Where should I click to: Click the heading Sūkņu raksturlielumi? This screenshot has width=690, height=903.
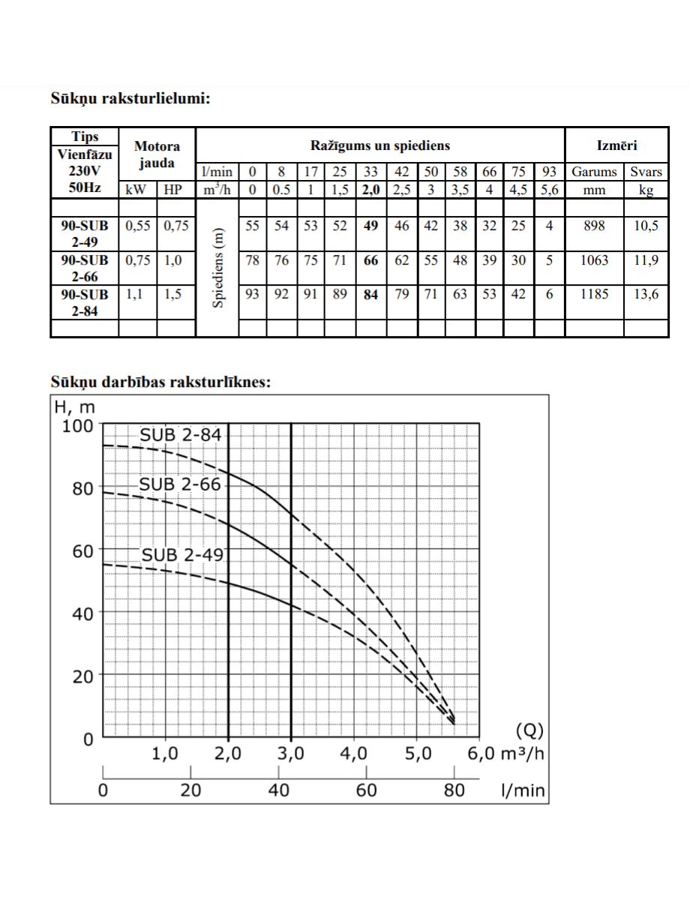pos(130,99)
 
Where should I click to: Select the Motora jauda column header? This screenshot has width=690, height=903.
pos(157,154)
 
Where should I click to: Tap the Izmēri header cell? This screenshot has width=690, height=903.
pos(616,145)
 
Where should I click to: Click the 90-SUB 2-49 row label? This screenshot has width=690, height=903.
pos(85,234)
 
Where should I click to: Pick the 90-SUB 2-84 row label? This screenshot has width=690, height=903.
pos(85,303)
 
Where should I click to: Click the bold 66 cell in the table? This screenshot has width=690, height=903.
pos(370,260)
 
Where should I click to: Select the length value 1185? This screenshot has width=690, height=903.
pos(594,294)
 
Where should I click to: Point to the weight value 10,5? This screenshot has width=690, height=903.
pos(646,226)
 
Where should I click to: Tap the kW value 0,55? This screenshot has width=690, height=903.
pos(137,226)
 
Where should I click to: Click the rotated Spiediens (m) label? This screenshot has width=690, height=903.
pos(217,268)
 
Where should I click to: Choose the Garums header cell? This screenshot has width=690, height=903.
pos(594,172)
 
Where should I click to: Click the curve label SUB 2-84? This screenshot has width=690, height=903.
pos(181,435)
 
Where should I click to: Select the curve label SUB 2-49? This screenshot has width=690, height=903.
pos(182,555)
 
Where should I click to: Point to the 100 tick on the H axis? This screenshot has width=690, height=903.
pos(78,426)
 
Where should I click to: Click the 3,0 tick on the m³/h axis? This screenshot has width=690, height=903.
pos(291,754)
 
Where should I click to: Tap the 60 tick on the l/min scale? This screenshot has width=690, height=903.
pos(366,790)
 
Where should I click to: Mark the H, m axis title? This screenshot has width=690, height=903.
pos(75,407)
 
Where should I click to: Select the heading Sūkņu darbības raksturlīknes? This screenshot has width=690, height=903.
pos(160,382)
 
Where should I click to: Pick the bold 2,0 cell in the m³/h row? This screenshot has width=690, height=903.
pos(370,190)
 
